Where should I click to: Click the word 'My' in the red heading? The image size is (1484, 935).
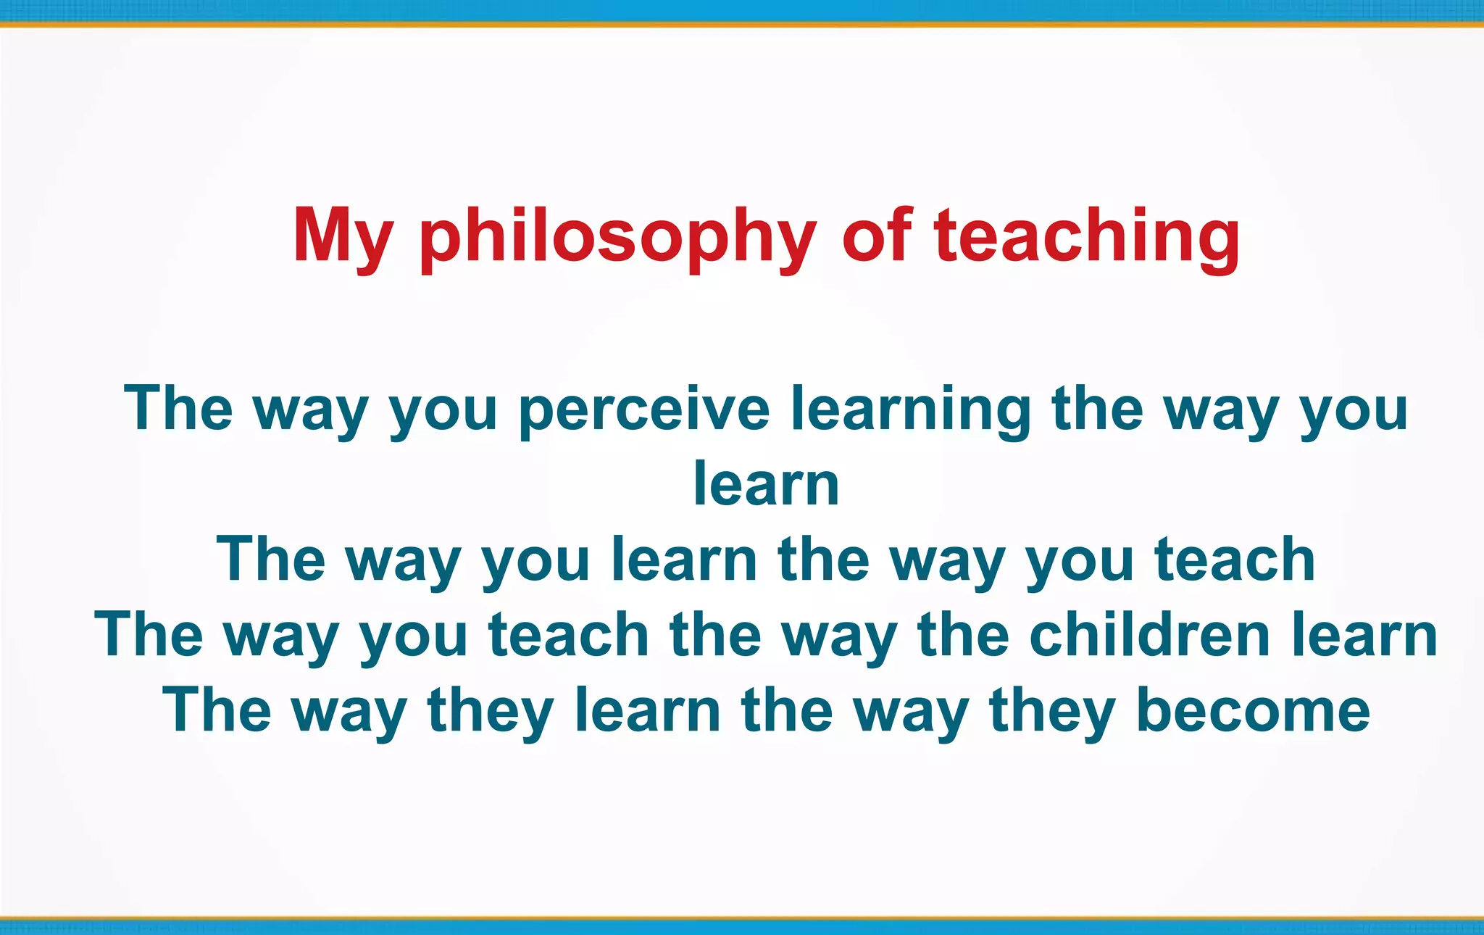[x=342, y=236]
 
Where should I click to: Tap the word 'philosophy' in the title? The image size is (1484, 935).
[x=618, y=236]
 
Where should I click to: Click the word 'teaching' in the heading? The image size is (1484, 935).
[x=1086, y=236]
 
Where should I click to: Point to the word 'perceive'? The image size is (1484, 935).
[x=644, y=410]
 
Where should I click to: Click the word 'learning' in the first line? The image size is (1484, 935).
[x=910, y=410]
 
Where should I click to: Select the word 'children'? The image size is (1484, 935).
[x=1149, y=635]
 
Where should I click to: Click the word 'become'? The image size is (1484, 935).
[x=1253, y=710]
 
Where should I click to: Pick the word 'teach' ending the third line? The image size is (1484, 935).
[x=1235, y=560]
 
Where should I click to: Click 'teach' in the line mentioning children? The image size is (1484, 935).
[x=568, y=635]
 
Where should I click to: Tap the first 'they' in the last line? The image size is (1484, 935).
[x=491, y=712]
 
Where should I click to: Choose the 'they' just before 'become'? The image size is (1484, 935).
[x=1051, y=712]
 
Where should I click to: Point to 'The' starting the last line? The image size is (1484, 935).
[x=217, y=710]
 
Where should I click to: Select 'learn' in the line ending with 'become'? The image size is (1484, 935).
[x=648, y=710]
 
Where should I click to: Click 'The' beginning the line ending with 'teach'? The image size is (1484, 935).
[x=271, y=560]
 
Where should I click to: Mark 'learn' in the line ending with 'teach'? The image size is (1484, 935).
[x=684, y=560]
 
